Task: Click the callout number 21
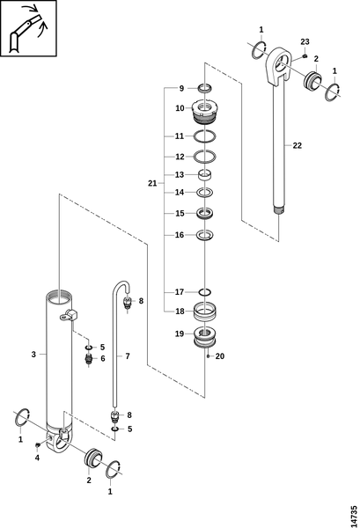click(152, 184)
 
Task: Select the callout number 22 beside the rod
click(297, 145)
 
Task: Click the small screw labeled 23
click(305, 55)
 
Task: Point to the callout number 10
click(180, 108)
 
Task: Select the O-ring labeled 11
click(205, 136)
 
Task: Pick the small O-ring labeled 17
click(205, 292)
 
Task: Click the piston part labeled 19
click(205, 337)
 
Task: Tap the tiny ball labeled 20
click(209, 356)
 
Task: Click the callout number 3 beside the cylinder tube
click(33, 355)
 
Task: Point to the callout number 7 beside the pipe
click(128, 356)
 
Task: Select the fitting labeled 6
click(89, 359)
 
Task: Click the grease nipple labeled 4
click(37, 446)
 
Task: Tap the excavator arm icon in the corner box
click(27, 30)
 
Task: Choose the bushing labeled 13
click(205, 175)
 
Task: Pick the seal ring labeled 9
click(204, 89)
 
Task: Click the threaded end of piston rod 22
click(279, 211)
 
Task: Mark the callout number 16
click(180, 235)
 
